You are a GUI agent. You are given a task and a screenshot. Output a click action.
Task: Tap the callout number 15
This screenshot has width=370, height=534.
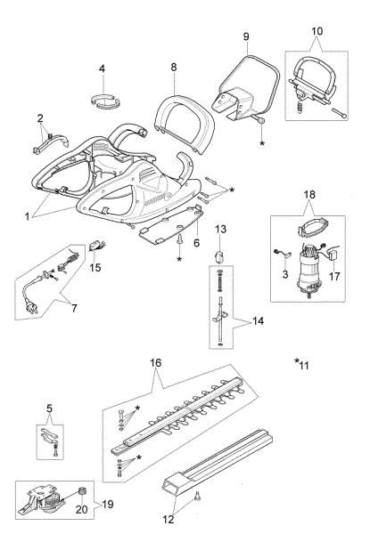click(95, 266)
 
